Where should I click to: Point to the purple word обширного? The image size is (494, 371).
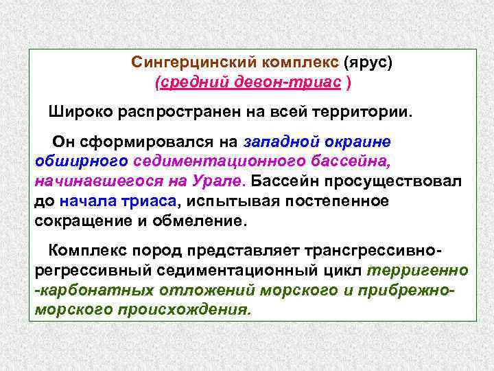[80, 161]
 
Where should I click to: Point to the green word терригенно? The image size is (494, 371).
[418, 270]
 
